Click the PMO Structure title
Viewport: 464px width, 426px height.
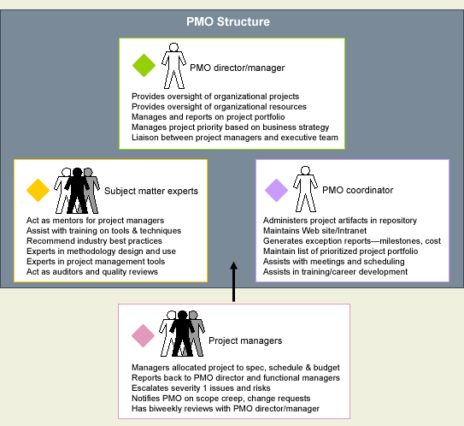coord(228,21)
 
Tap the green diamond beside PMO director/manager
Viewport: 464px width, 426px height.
coord(144,66)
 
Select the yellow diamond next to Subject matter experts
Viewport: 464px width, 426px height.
coord(38,190)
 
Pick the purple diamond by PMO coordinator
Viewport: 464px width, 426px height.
coord(276,190)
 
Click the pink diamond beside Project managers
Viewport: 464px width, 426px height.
coord(144,335)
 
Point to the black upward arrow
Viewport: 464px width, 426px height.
coord(234,281)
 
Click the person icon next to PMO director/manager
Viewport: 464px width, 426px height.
coord(173,66)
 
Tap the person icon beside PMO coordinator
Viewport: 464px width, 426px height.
coord(305,189)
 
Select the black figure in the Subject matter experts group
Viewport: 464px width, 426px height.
coord(77,191)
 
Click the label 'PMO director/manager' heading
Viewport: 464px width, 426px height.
coord(237,68)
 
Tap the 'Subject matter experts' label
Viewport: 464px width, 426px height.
coord(151,191)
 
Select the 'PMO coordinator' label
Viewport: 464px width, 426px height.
coord(358,190)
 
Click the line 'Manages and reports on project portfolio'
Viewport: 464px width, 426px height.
coord(208,117)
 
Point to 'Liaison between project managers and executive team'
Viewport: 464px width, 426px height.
coord(235,138)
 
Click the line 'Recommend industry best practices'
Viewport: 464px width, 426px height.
coord(94,241)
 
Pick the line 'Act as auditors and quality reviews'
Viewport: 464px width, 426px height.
coord(92,272)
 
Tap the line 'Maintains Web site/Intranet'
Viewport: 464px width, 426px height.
coord(314,230)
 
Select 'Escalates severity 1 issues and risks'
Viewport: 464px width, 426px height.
coord(201,388)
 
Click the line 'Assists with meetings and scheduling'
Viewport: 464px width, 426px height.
coord(334,262)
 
